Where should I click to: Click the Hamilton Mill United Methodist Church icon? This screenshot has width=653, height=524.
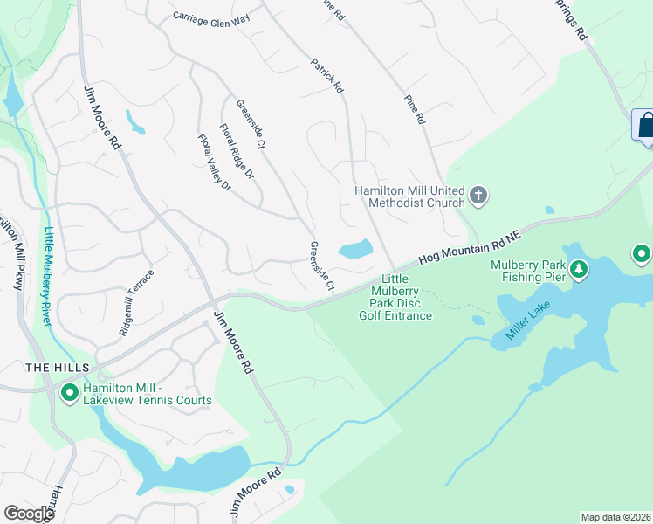coord(478,196)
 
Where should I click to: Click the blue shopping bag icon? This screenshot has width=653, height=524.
coord(645,125)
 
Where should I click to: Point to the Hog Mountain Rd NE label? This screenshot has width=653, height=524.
coord(469,247)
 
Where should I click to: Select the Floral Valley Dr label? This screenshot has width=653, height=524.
coord(214,162)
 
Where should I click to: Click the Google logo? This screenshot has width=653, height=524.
coord(29,514)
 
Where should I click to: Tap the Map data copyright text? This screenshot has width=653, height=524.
coord(616,517)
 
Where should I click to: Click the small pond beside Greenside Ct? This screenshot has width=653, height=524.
coord(354,251)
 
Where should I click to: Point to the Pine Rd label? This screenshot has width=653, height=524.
coord(415,107)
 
